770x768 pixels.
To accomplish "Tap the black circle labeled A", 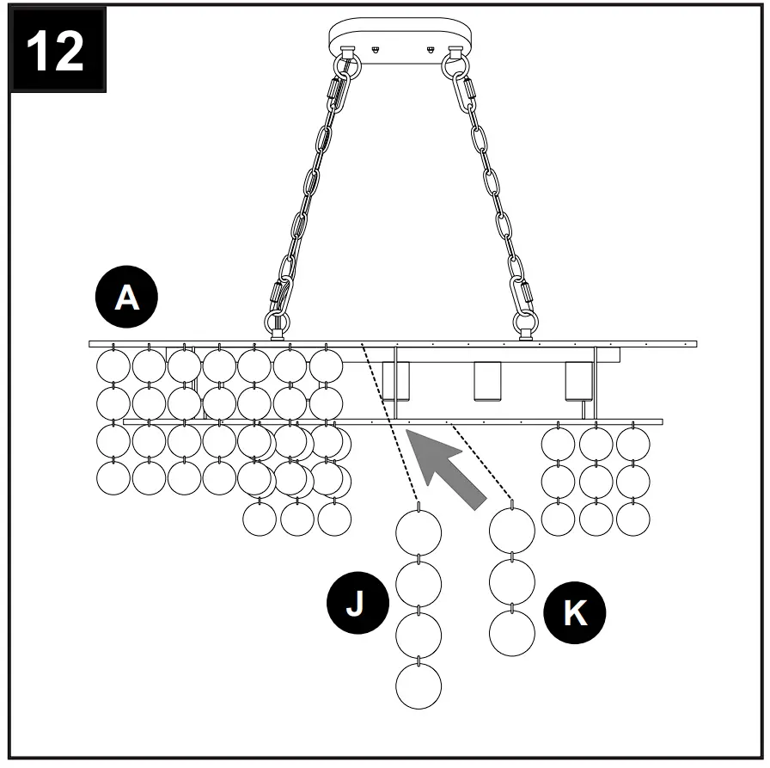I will [126, 298].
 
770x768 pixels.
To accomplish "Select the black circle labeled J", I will [355, 604].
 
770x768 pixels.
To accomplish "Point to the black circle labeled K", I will [574, 613].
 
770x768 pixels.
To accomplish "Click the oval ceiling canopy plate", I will [401, 39].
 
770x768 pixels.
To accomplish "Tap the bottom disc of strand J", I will [419, 686].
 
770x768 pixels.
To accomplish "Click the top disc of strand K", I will [512, 530].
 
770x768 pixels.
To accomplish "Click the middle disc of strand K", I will [512, 582].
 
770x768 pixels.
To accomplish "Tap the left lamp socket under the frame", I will [396, 382].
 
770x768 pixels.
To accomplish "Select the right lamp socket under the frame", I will [578, 382].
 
